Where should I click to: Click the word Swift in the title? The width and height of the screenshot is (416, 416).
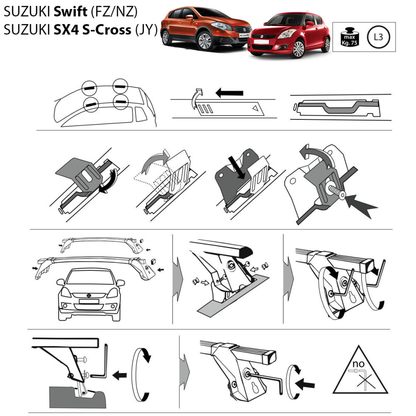71,11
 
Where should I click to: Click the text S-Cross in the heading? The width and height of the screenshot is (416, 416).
106,30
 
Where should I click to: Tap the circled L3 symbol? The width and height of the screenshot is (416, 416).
378,37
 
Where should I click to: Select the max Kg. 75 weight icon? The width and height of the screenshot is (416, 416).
350,37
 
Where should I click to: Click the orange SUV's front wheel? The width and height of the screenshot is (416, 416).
205,41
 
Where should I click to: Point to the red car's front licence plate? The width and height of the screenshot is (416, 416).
261,42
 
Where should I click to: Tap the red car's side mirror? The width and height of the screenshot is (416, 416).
310,24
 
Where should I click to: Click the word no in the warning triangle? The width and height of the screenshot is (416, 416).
358,364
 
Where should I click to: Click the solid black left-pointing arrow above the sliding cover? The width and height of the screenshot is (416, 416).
229,93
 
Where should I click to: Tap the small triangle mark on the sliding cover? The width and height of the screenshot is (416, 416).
255,108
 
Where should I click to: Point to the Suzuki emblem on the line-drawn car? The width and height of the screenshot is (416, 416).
89,295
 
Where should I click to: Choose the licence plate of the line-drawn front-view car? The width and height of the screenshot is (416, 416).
89,301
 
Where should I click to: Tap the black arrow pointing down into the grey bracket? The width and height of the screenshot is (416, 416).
238,168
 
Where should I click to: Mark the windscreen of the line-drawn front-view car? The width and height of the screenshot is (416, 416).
89,277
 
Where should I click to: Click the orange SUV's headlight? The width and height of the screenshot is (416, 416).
222,26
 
